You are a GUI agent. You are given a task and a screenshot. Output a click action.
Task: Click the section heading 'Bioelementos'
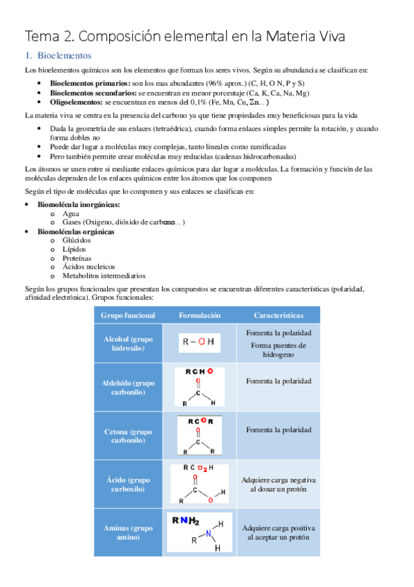coord(64,55)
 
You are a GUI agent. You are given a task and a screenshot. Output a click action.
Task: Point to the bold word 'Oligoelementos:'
coord(77,101)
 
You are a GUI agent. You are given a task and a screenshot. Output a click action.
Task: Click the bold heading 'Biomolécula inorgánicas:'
coord(79,205)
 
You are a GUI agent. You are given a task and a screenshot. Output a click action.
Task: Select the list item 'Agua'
coord(70,214)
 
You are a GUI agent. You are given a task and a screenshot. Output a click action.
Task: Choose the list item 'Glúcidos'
coord(76,240)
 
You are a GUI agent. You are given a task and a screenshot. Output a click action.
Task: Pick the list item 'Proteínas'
coord(77,258)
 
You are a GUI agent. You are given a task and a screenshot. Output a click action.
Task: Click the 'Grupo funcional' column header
coord(128,315)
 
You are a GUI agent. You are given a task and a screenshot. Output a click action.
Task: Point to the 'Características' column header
coord(278,315)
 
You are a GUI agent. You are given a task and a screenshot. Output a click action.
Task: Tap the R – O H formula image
coord(198,341)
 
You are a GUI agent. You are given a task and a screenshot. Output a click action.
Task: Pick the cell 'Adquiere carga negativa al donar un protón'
coord(278,484)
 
